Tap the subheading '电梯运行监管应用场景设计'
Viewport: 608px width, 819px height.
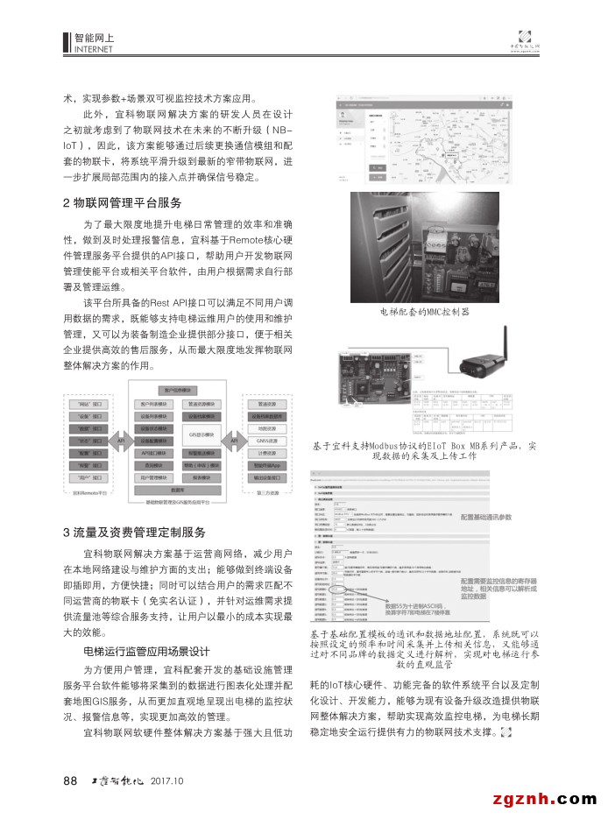tap(146, 650)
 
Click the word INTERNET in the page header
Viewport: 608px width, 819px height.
tap(94, 49)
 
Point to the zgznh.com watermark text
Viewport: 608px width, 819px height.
tap(544, 798)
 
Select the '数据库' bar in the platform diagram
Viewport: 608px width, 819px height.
tap(178, 491)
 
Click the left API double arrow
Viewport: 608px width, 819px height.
tap(122, 441)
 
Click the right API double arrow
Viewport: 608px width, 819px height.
tap(234, 441)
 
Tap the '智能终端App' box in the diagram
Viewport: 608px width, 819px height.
tap(268, 466)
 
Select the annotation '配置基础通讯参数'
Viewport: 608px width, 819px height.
tap(502, 518)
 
